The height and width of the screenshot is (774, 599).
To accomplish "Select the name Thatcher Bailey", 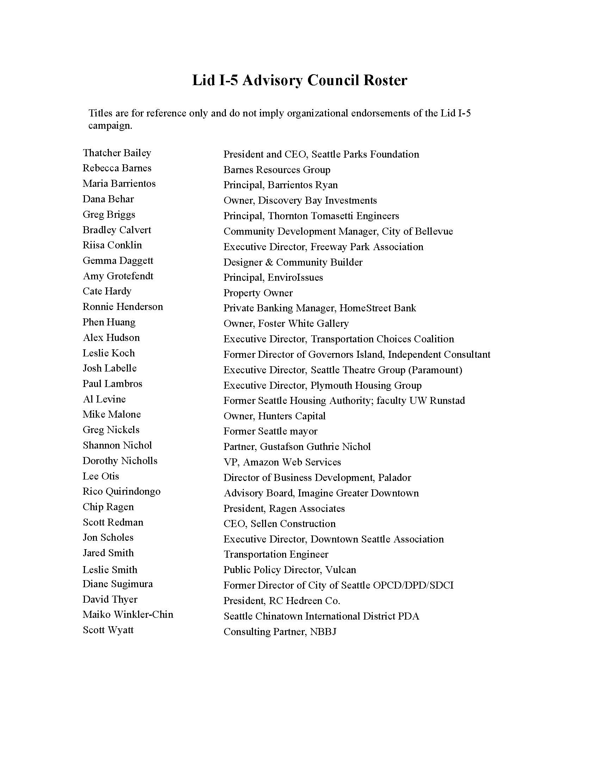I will pos(117,153).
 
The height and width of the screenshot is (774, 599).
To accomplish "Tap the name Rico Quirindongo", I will pos(121,491).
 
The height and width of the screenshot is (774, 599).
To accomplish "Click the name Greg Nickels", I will pos(111,430).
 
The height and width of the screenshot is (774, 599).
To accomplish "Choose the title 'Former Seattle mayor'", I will pos(270,431).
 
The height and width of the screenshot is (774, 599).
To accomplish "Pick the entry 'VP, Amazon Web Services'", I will pos(282,462).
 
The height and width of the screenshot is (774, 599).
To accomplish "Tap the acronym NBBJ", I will pos(323,631).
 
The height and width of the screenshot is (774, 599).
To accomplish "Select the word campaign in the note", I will pos(110,126).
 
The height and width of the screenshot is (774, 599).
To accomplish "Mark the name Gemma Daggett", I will pos(118,261).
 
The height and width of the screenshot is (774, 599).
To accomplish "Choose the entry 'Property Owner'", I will pos(258,293).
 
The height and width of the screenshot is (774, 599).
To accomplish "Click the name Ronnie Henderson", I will pos(123,306).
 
